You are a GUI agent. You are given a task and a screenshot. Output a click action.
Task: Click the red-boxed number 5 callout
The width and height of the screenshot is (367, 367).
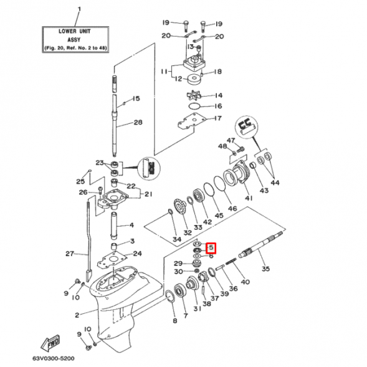211,247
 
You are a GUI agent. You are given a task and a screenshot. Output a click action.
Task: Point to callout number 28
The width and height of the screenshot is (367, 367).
138,122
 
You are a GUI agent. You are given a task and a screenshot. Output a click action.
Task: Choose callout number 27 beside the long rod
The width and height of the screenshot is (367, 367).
70,254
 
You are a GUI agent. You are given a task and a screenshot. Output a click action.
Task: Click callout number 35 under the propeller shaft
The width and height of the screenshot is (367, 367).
266,269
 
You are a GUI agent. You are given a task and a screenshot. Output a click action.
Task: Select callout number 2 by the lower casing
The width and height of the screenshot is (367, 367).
76,315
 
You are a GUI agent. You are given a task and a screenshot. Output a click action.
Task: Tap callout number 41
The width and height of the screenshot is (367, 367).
248,198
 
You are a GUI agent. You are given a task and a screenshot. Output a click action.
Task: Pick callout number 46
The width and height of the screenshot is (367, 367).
232,209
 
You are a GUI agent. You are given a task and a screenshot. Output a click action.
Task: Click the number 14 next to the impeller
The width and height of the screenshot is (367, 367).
218,95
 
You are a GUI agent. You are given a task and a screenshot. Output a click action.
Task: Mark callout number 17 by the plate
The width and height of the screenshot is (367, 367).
217,118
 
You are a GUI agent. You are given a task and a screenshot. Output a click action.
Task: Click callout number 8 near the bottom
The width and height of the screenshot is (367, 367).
174,321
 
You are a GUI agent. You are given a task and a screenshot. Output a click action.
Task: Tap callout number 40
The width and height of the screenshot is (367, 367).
245,282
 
